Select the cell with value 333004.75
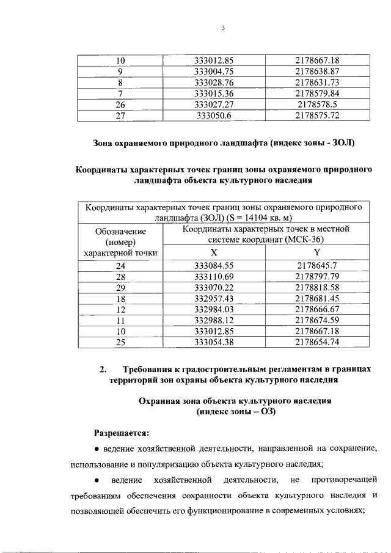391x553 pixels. tap(214, 71)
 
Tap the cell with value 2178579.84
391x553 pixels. tap(316, 93)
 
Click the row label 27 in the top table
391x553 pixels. tap(120, 115)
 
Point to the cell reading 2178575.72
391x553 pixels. tap(316, 115)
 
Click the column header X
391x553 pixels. tap(214, 252)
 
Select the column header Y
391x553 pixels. tap(316, 252)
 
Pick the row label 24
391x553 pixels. tap(120, 266)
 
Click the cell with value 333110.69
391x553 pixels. tap(214, 277)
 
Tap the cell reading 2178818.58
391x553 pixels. tap(316, 288)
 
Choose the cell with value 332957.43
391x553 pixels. tap(214, 299)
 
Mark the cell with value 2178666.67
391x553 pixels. tap(316, 310)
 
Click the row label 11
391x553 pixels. tap(120, 320)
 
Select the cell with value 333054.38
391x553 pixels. tap(214, 342)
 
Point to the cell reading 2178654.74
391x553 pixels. tap(316, 342)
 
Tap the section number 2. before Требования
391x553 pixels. tap(103, 370)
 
